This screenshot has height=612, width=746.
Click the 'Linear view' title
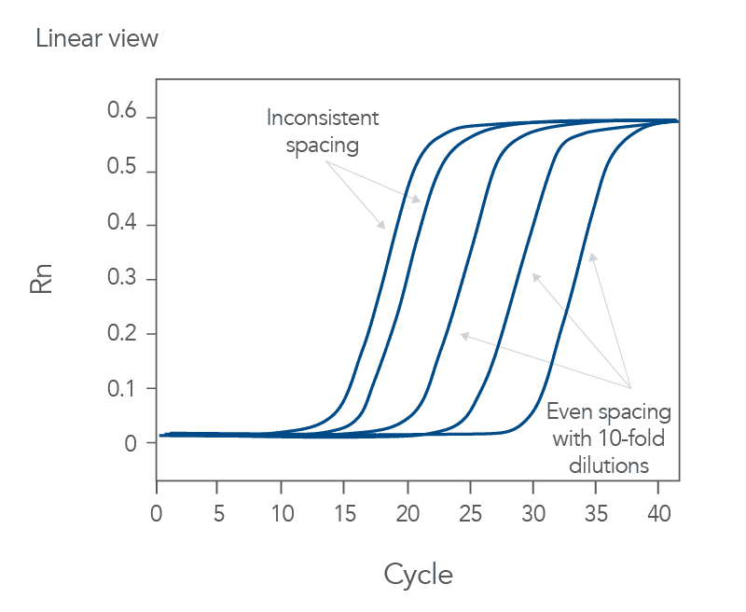[x=97, y=39]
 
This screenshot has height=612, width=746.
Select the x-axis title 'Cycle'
[x=418, y=575]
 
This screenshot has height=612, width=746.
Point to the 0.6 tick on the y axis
[x=122, y=115]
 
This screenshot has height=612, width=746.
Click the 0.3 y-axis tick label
[x=122, y=279]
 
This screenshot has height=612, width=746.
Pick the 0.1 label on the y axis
[x=122, y=388]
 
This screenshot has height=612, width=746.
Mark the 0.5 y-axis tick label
[x=122, y=170]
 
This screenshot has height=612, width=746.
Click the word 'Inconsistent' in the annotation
[x=323, y=118]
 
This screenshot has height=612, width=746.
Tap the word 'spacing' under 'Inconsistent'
[x=323, y=145]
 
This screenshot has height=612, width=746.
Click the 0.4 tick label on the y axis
[x=122, y=225]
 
